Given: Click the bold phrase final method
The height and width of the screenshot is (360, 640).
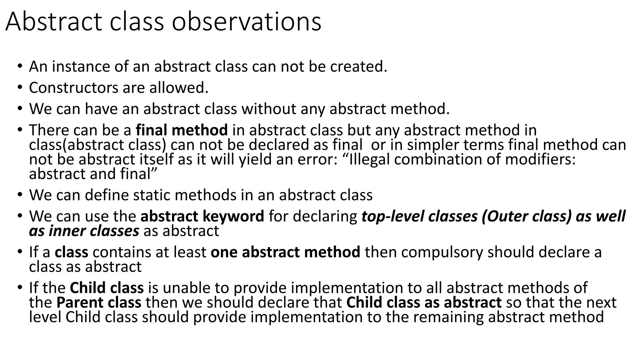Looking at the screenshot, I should (182, 130).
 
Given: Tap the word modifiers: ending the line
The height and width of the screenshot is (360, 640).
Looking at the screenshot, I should (540, 160).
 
